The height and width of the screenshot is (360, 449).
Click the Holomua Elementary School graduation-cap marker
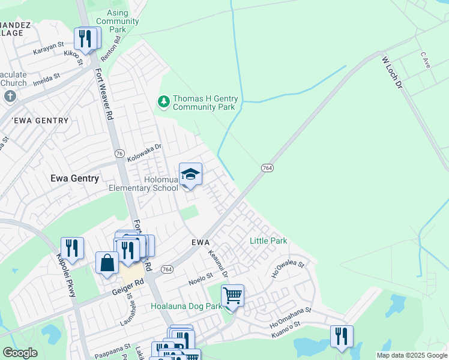tap(190, 175)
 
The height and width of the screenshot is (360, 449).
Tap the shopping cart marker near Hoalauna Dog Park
tap(232, 296)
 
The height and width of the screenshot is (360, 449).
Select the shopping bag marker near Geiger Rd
tap(107, 263)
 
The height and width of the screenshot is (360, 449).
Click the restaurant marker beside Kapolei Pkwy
tap(72, 248)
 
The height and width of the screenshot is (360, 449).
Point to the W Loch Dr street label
tap(391, 73)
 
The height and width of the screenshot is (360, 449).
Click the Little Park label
tap(268, 241)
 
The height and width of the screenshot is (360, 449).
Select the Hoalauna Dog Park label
tap(186, 306)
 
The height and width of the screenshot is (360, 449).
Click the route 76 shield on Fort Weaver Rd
tap(119, 154)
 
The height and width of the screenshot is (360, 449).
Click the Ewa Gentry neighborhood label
tap(75, 178)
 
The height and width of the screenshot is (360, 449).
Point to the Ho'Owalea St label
tap(288, 268)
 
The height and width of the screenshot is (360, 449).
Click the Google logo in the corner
tap(20, 353)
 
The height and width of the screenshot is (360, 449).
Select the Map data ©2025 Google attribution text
tap(412, 355)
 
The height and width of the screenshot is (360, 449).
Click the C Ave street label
tap(425, 59)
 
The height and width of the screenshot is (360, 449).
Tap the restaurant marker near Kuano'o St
tap(342, 337)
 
